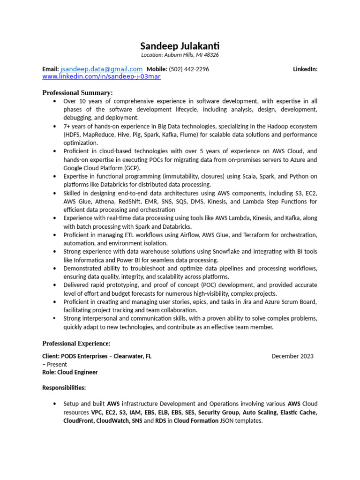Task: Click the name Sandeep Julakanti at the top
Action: coord(180,46)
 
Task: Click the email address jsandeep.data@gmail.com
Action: coord(101,69)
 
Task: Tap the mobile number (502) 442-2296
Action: coord(189,69)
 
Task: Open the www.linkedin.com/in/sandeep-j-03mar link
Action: coord(101,76)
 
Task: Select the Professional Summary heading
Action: coord(77,92)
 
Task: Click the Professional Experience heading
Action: coord(76,344)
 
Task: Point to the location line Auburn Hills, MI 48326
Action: coord(180,55)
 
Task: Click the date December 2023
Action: coord(292,356)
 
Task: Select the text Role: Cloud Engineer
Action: coord(70,372)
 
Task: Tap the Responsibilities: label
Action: coord(64,388)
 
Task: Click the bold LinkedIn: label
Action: coord(305,69)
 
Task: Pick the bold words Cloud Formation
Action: coord(196,421)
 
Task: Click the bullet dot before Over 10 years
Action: coord(55,101)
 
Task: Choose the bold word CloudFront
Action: coord(79,421)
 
